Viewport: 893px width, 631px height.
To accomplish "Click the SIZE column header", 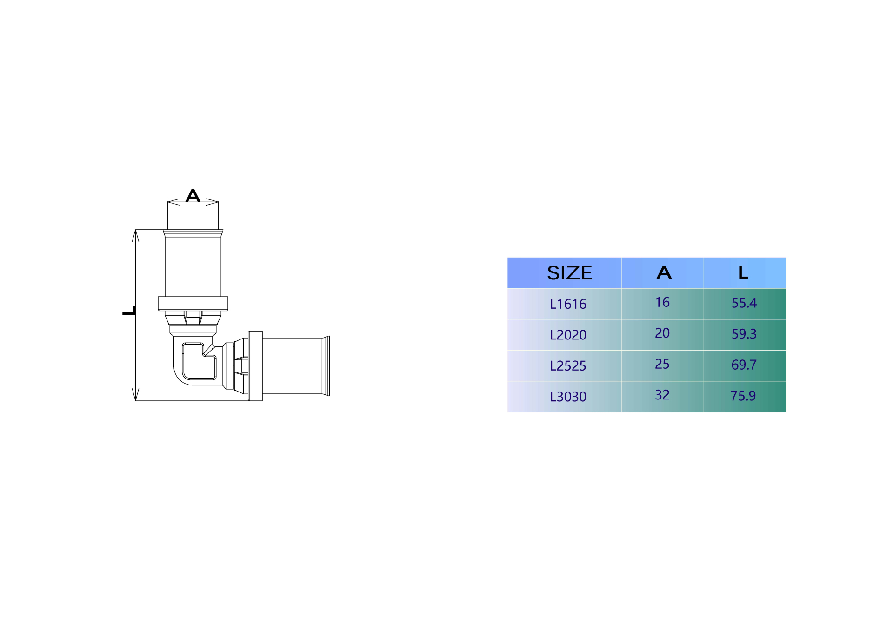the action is pos(569,273).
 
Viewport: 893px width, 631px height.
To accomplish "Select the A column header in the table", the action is pos(664,272).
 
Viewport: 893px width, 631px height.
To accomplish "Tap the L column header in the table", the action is pos(743,272).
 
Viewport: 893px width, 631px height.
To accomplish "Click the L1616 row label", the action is pos(568,304).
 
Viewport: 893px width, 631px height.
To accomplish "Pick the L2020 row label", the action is pos(568,335).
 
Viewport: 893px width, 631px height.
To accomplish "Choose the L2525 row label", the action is pos(568,366).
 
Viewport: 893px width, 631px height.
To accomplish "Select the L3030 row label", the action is pos(568,397).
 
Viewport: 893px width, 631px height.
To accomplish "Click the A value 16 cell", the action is pos(662,302).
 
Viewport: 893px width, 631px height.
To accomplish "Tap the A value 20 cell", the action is pos(662,333).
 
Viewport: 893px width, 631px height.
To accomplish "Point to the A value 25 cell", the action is pos(662,364).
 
